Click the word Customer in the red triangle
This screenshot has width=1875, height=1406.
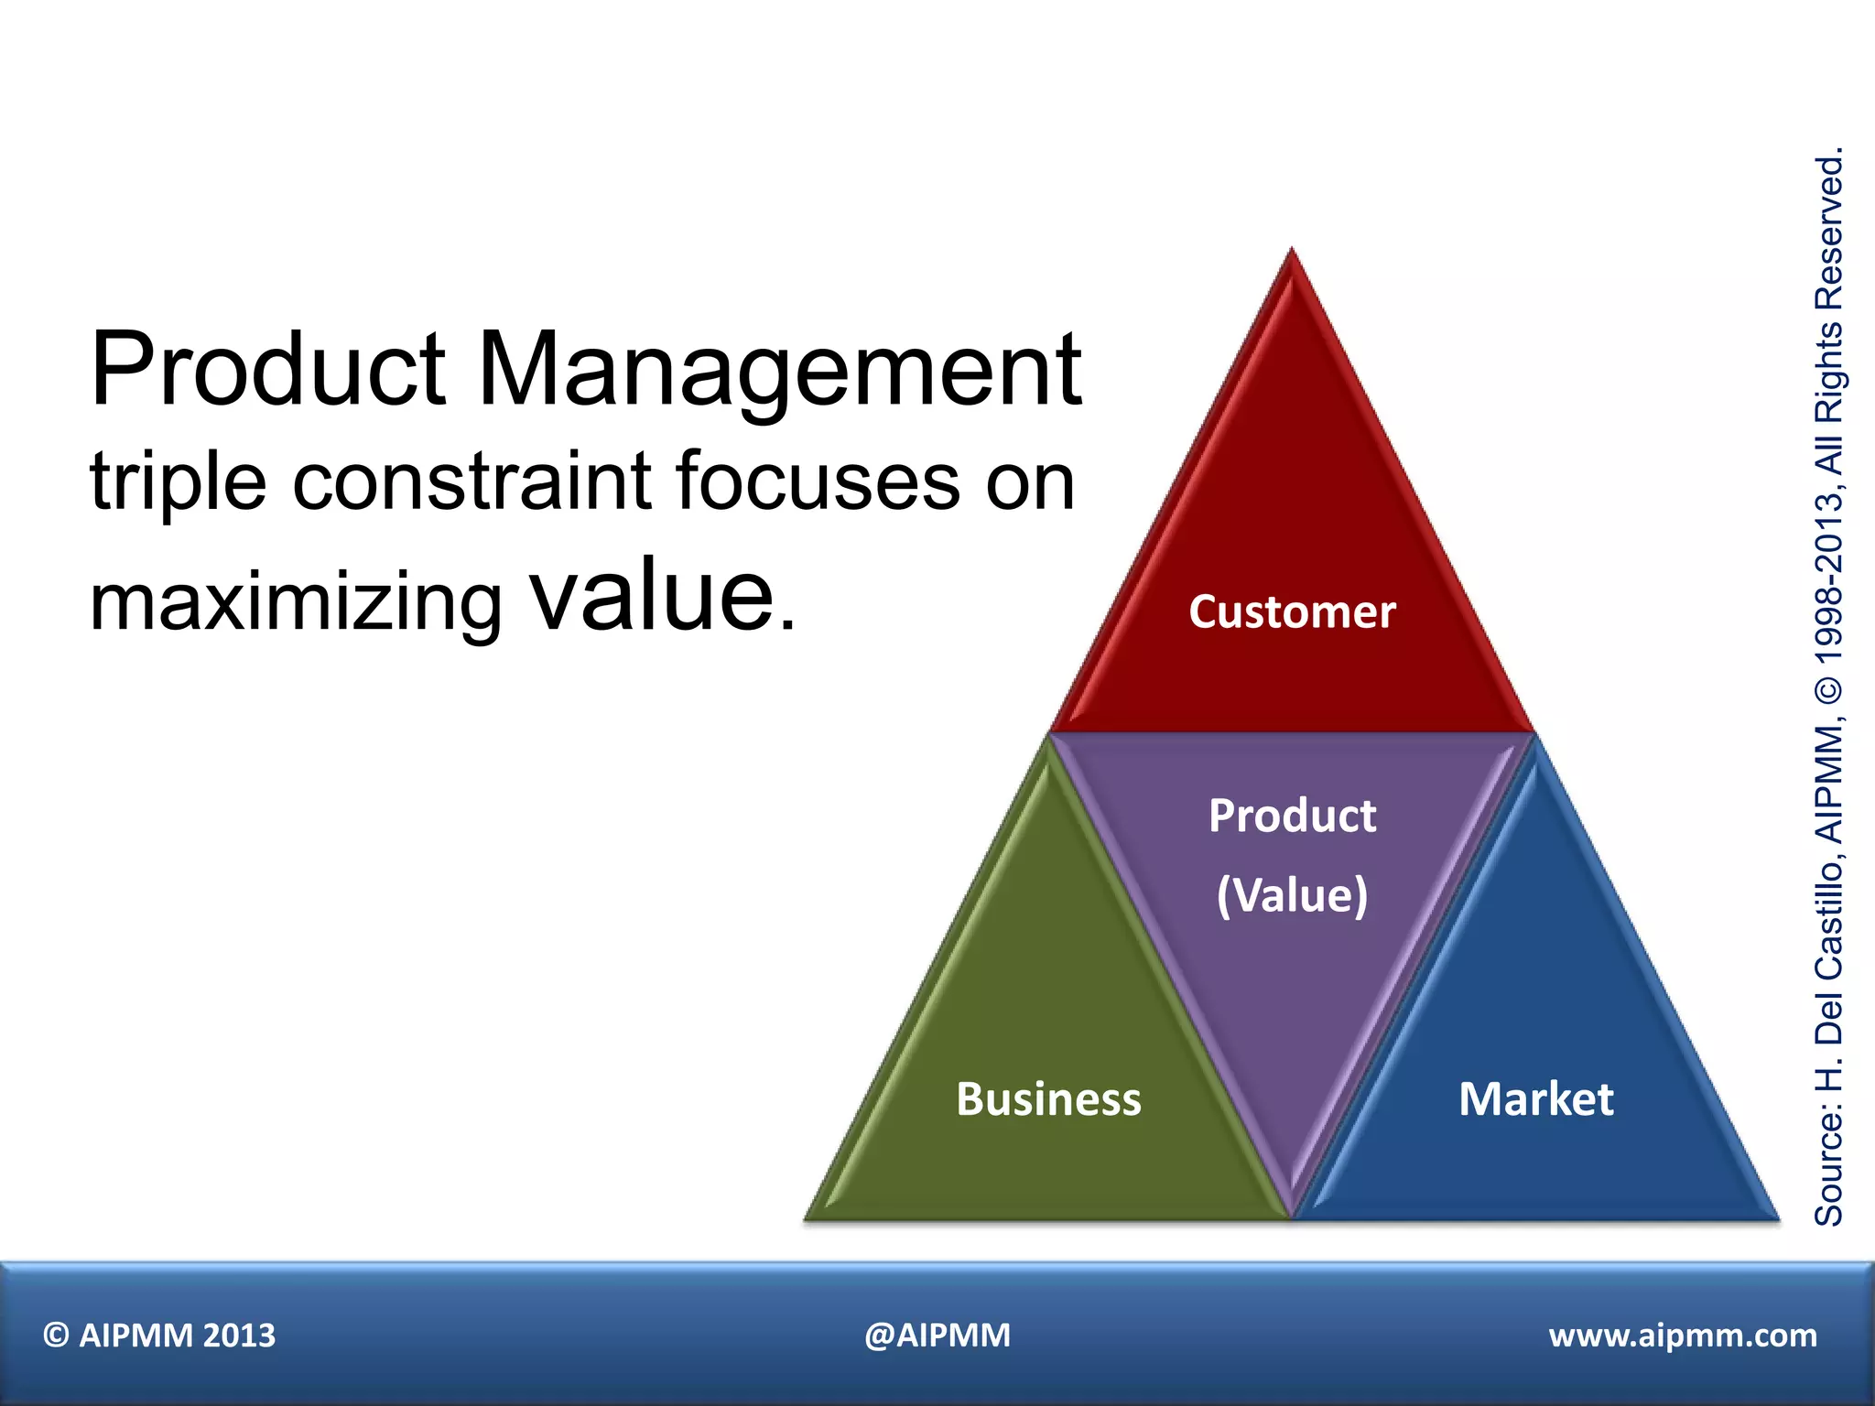point(1292,611)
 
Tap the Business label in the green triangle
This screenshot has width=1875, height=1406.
point(1048,1098)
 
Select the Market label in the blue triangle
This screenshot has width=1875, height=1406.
point(1535,1098)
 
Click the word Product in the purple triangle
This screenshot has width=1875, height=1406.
point(1292,815)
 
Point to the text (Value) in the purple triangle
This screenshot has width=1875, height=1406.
point(1292,894)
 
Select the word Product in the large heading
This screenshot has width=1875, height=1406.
point(268,371)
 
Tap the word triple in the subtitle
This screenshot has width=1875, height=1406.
point(178,483)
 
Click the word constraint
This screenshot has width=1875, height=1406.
point(472,481)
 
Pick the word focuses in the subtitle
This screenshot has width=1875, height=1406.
point(818,481)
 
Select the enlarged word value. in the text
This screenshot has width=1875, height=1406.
point(664,597)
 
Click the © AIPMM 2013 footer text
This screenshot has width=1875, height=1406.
point(159,1336)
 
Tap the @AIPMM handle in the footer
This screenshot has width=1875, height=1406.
point(937,1336)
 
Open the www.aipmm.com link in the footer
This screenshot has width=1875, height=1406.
point(1683,1336)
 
